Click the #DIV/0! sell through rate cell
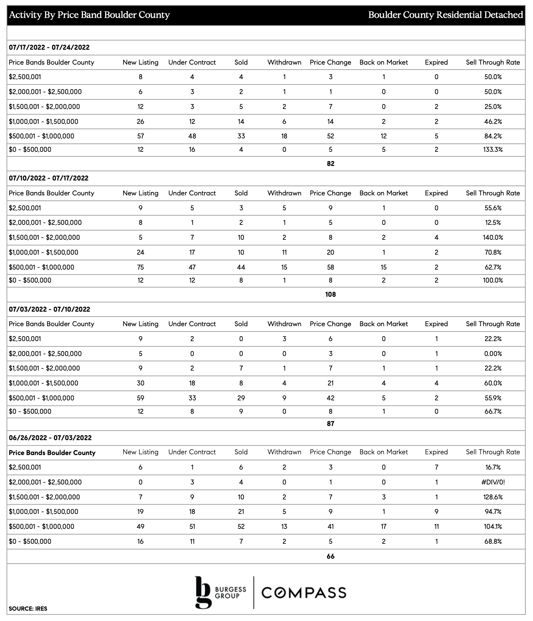pyautogui.click(x=493, y=482)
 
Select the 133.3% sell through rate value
pyautogui.click(x=493, y=150)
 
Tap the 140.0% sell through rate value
pyautogui.click(x=493, y=237)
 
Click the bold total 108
pyautogui.click(x=330, y=294)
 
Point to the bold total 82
pyautogui.click(x=330, y=164)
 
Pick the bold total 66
pyautogui.click(x=330, y=556)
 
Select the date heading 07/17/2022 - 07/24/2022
pyautogui.click(x=49, y=47)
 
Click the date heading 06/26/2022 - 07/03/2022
pyautogui.click(x=50, y=438)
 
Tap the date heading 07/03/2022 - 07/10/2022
pyautogui.click(x=49, y=309)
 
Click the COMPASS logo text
pyautogui.click(x=304, y=593)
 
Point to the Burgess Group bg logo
pyautogui.click(x=203, y=592)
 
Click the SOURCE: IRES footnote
pyautogui.click(x=28, y=608)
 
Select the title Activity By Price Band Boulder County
pyautogui.click(x=89, y=15)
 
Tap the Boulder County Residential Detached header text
pyautogui.click(x=445, y=15)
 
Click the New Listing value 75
pyautogui.click(x=140, y=267)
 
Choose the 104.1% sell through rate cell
pyautogui.click(x=493, y=527)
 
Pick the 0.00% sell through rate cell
pyautogui.click(x=493, y=354)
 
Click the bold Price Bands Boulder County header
pyautogui.click(x=52, y=453)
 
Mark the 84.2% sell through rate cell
pyautogui.click(x=493, y=136)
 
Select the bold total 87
pyautogui.click(x=330, y=424)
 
